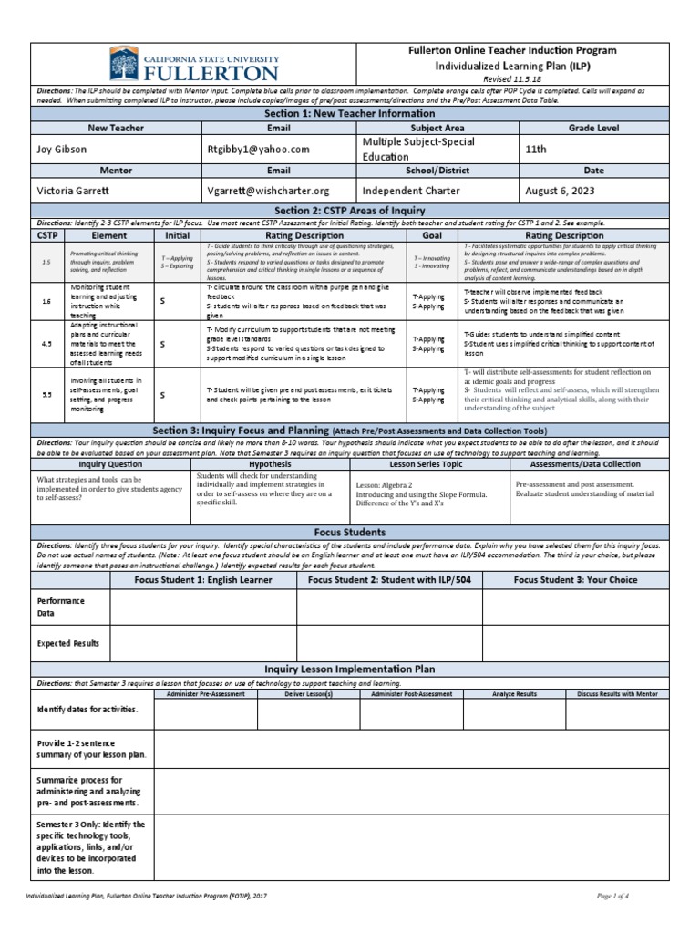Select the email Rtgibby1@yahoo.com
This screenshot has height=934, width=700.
click(x=258, y=149)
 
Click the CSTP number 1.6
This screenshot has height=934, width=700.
click(x=46, y=300)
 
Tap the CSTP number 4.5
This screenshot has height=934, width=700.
click(x=46, y=345)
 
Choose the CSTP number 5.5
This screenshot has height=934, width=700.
click(x=46, y=395)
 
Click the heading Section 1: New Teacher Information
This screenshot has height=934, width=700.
click(x=349, y=114)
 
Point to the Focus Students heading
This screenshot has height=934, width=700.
click(x=349, y=531)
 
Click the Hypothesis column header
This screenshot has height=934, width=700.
click(x=270, y=464)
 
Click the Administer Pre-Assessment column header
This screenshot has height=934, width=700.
click(x=206, y=694)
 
